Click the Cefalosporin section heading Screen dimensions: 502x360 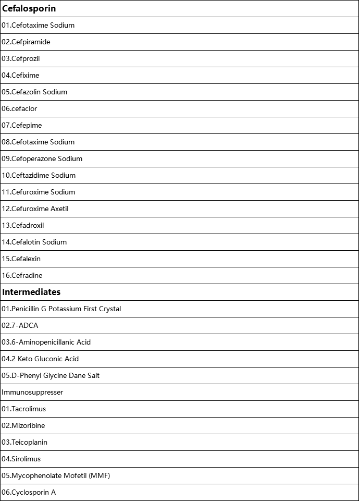click(x=29, y=9)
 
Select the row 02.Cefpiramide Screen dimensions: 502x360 click(x=26, y=42)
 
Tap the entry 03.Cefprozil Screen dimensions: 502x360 click(x=21, y=59)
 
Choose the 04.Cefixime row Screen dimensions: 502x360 click(x=20, y=76)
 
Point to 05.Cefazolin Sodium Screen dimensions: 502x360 click(x=34, y=92)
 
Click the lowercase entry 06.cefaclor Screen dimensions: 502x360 click(x=19, y=109)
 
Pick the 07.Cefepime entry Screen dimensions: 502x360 click(x=22, y=126)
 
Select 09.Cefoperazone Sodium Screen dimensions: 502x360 click(x=42, y=159)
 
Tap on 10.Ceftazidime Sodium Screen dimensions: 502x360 click(x=39, y=176)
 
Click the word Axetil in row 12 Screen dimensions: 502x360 click(x=59, y=209)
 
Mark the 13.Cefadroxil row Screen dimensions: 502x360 click(x=23, y=226)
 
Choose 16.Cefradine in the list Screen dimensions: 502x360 click(x=22, y=276)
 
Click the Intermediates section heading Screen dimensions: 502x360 click(x=31, y=292)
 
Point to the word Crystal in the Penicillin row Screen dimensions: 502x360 click(x=109, y=309)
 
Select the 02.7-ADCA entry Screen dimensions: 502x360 click(x=20, y=326)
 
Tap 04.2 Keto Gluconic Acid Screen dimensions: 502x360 click(x=40, y=359)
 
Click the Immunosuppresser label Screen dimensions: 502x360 click(x=32, y=393)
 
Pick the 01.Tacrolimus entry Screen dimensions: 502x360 click(x=23, y=409)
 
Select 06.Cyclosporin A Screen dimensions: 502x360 click(x=29, y=493)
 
